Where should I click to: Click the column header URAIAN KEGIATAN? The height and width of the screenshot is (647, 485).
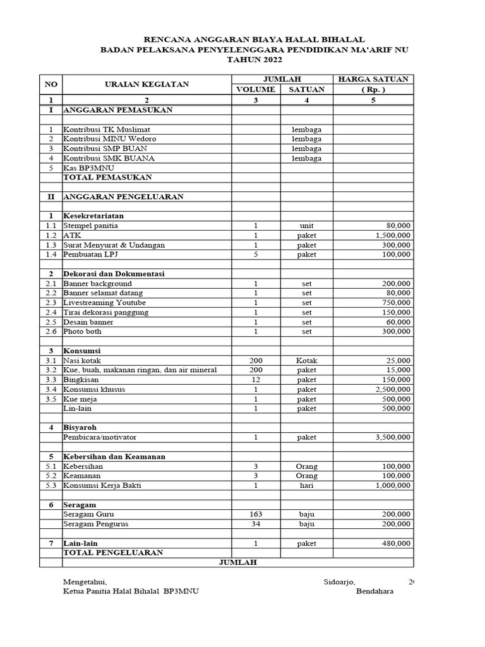[x=147, y=84]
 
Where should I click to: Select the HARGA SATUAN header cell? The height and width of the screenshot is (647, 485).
[x=373, y=79]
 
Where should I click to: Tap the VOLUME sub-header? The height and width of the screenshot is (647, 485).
[x=256, y=89]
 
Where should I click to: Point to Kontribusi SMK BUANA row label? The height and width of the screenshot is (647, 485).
[x=109, y=158]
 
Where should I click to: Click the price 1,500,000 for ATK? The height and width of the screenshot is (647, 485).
[x=388, y=235]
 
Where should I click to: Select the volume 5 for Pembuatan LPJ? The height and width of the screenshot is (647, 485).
[x=256, y=254]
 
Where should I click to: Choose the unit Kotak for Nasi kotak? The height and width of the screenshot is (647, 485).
[x=307, y=360]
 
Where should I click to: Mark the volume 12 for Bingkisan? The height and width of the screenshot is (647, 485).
[x=256, y=379]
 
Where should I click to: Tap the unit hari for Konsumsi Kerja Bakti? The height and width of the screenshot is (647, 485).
[x=307, y=485]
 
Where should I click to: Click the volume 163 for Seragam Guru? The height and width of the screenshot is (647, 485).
[x=256, y=514]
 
